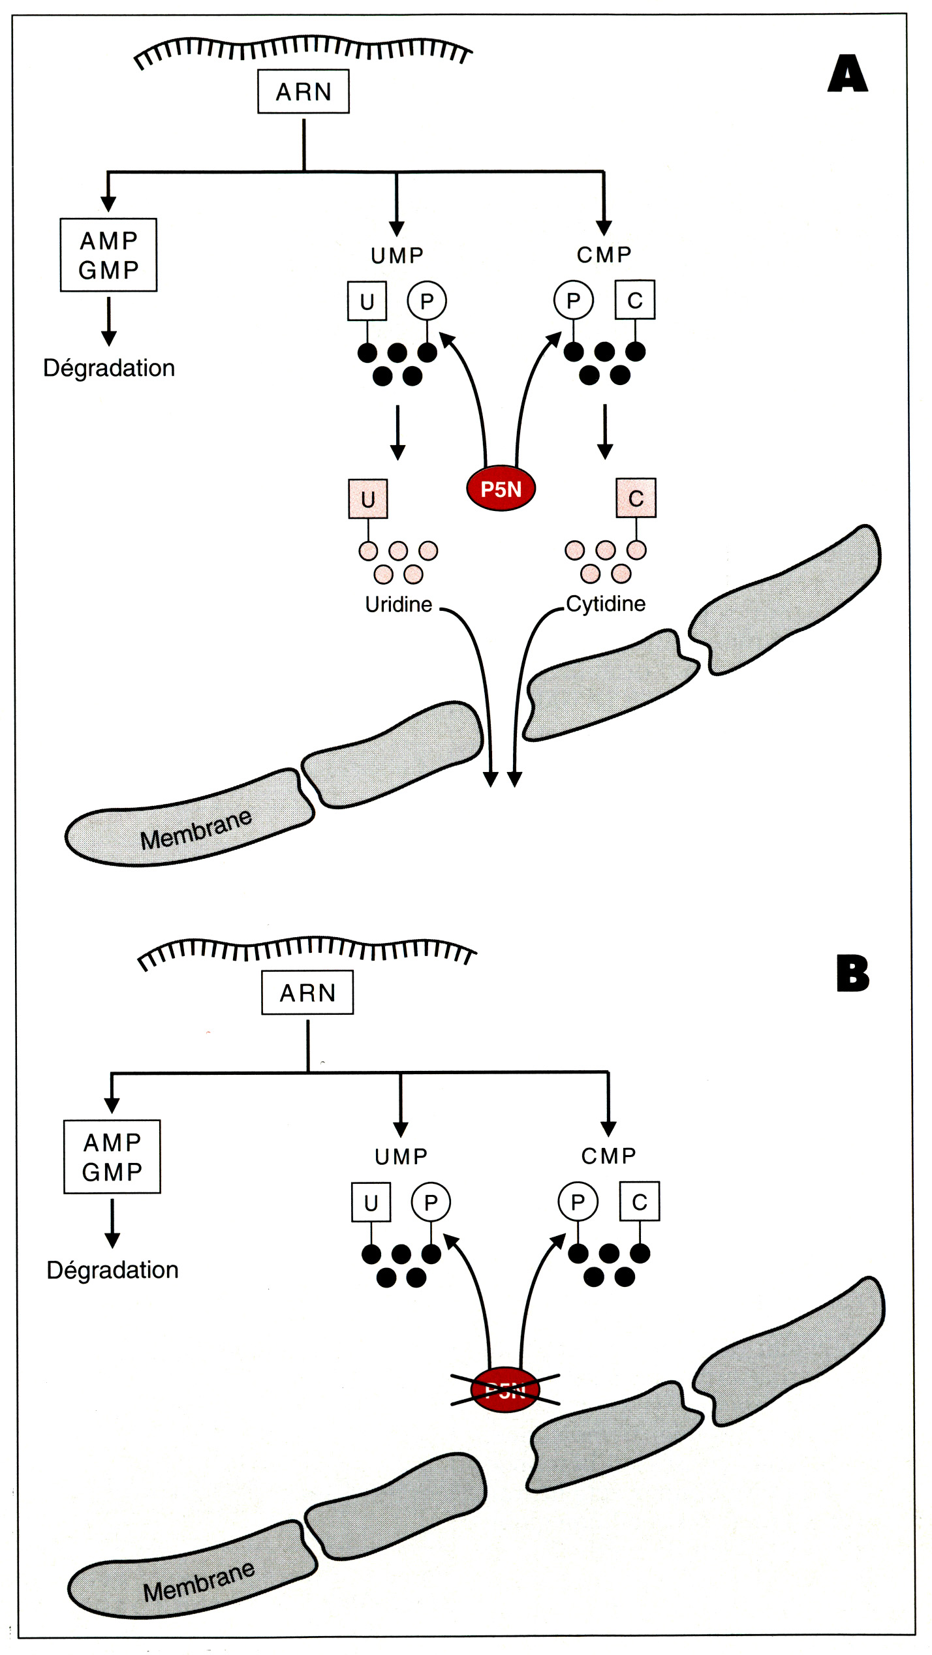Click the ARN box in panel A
point(303,91)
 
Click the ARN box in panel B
point(307,993)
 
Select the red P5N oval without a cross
point(501,489)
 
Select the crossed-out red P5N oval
point(505,1390)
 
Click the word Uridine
point(398,604)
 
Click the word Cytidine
point(606,604)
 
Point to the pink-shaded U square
point(368,499)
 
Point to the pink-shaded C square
point(636,499)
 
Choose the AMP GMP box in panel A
point(108,255)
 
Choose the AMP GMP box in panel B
point(112,1157)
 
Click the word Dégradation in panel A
point(109,368)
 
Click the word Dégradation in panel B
point(112,1270)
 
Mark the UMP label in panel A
point(397,255)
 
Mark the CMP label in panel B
point(608,1156)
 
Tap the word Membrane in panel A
point(196,830)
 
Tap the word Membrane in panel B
point(198,1582)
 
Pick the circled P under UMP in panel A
point(427,301)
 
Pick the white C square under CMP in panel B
point(640,1201)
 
